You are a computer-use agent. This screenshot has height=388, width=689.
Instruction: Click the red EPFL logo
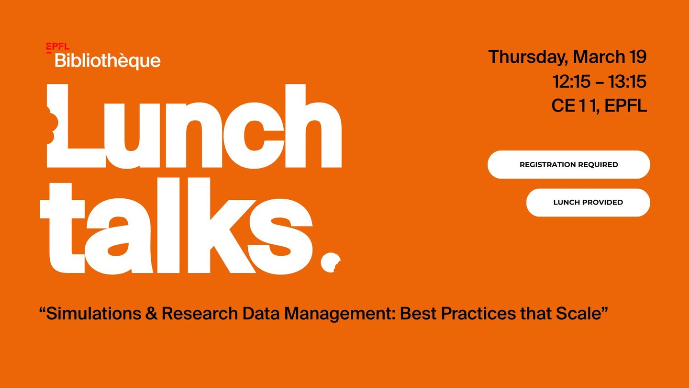pos(58,47)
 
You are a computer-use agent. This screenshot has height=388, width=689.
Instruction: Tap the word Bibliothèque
pos(108,61)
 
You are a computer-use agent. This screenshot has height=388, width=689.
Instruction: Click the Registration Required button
pos(569,164)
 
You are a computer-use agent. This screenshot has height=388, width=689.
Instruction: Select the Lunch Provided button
pos(588,202)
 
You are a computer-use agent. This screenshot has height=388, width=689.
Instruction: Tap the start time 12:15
pos(571,81)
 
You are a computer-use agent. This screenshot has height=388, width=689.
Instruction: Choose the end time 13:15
pos(627,81)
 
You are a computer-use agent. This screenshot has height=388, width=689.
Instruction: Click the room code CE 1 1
pos(575,105)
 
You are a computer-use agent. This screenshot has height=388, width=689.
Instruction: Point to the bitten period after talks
pos(330,262)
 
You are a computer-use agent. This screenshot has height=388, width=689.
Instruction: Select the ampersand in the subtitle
pos(151,313)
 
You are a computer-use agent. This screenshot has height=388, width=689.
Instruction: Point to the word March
pos(599,57)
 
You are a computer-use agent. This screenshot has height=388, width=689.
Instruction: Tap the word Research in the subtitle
pos(200,313)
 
